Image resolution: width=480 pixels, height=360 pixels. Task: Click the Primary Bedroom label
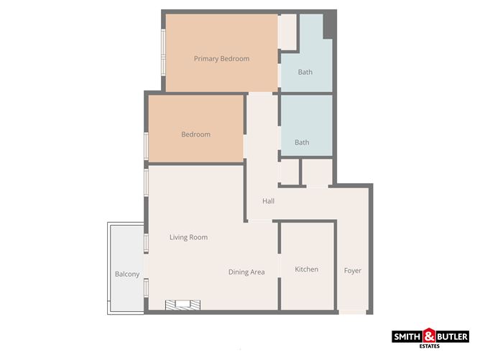(221, 59)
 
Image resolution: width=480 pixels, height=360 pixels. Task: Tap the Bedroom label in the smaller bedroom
(196, 134)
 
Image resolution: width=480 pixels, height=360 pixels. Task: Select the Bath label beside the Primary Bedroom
(305, 72)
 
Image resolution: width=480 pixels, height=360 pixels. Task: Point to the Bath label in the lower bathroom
(302, 142)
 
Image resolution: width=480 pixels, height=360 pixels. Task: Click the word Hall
(268, 201)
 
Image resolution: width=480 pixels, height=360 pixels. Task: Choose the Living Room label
(188, 237)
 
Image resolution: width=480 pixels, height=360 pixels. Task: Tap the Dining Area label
(246, 272)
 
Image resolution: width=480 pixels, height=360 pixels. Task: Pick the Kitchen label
(306, 269)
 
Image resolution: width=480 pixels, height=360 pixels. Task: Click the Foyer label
(353, 271)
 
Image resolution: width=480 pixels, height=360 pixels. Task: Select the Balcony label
(127, 274)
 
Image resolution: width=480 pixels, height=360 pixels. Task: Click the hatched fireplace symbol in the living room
(183, 305)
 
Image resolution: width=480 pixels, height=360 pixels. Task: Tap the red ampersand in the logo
(430, 336)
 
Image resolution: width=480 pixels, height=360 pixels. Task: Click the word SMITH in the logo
(407, 337)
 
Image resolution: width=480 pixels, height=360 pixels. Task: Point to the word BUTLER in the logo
(453, 337)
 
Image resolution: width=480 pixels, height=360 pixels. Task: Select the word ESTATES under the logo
(430, 346)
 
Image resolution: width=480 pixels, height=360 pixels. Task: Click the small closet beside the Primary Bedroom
(287, 32)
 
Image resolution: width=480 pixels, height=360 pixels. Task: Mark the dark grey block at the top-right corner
(328, 25)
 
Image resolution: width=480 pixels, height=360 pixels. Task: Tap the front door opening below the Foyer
(352, 313)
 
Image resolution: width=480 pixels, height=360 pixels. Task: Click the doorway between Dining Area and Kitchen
(280, 266)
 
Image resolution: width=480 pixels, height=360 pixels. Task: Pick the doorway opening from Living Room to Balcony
(147, 266)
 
